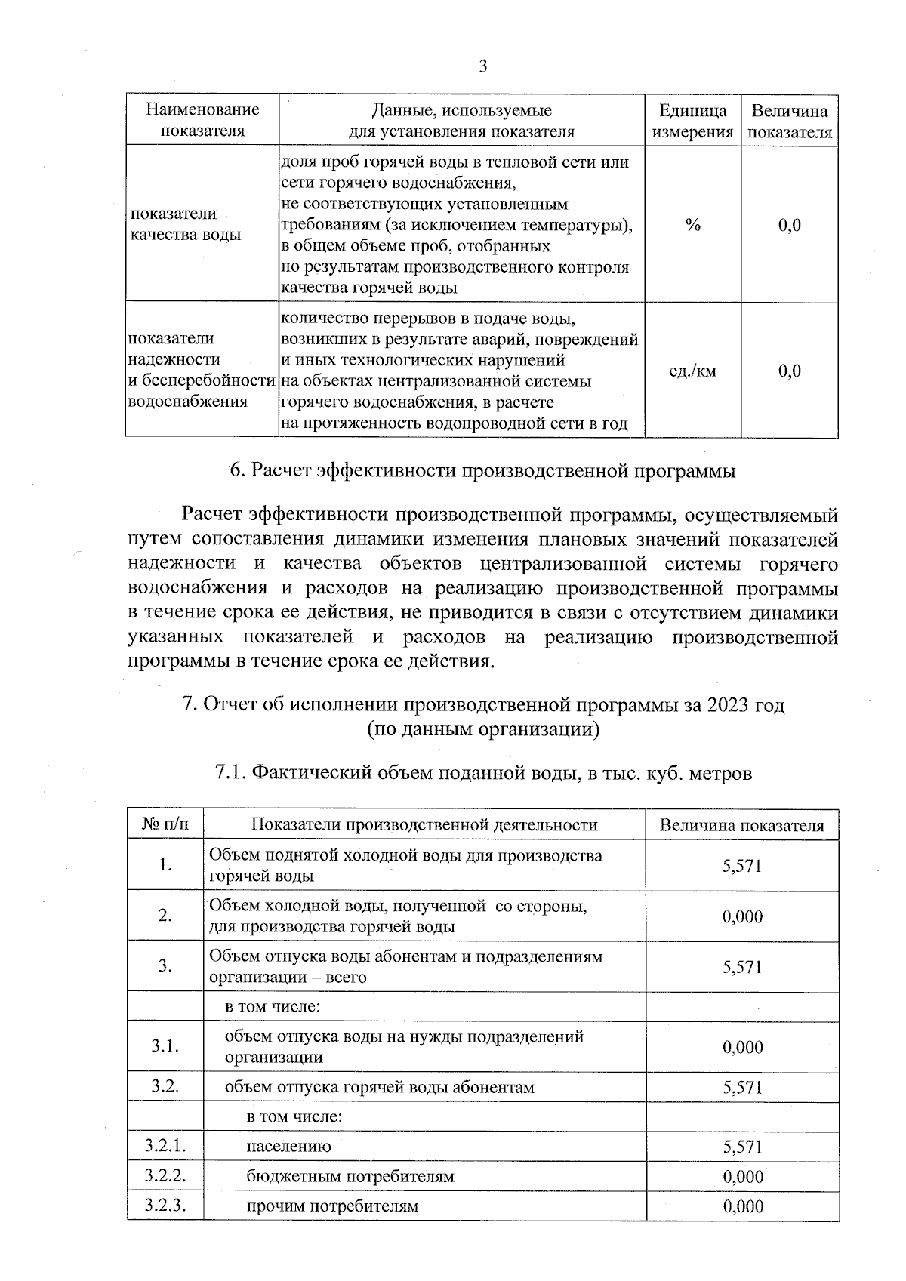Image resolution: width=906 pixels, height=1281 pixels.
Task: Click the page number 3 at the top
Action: coord(482,67)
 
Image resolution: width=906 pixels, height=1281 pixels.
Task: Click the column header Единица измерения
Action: coord(692,122)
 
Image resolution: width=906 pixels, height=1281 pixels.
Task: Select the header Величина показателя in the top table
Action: coord(789,122)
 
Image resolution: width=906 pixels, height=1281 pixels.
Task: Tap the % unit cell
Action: coord(692,225)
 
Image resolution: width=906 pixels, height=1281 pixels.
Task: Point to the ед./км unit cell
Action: coord(692,371)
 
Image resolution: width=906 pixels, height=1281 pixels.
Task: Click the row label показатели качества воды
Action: coord(186,224)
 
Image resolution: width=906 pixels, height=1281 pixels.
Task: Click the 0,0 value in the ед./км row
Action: coord(789,371)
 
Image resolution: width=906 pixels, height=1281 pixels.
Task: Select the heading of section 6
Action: coord(482,471)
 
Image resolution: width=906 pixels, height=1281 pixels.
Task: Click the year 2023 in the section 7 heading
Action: coord(730,705)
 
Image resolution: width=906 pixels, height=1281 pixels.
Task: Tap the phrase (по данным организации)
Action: coord(483,729)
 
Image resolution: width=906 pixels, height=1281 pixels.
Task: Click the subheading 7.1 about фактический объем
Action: coord(483,774)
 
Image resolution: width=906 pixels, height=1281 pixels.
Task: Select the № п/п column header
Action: coord(165,824)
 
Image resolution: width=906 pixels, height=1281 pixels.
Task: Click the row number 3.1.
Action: coord(165,1046)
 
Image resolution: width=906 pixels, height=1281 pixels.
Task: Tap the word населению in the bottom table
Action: coord(288,1146)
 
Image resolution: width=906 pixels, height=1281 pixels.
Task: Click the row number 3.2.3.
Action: coord(165,1206)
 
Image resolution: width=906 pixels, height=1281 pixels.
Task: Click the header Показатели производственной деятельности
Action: coord(424,824)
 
